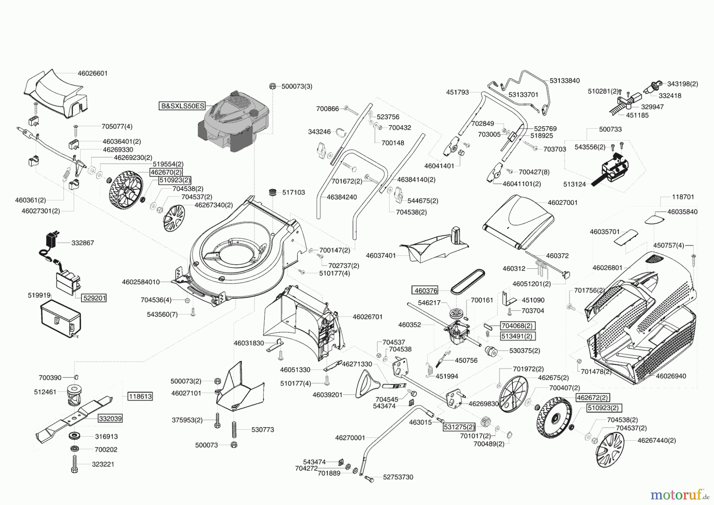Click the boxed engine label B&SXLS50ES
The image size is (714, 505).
182,106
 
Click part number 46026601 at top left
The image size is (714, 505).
92,73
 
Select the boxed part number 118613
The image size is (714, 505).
140,396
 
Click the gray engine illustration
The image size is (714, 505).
234,121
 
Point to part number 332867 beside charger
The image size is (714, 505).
83,243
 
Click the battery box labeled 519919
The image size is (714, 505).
61,319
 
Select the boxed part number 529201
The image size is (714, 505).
94,298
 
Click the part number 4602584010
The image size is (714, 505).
141,282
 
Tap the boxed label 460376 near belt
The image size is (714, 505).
426,291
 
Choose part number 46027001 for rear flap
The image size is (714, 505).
562,202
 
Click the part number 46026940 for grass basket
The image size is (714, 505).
671,376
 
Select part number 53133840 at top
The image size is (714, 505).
564,81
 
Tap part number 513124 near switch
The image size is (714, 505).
574,185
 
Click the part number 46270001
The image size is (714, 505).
350,438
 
